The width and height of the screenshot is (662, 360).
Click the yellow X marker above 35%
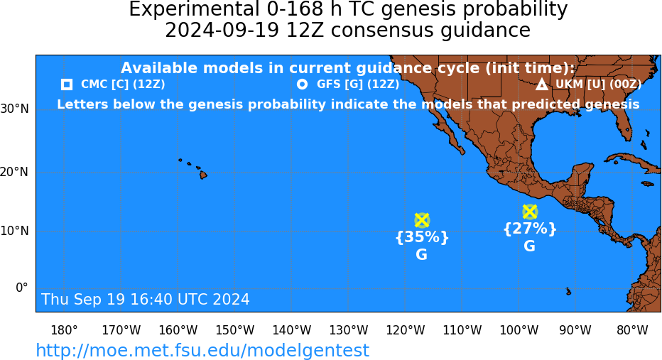(x=422, y=220)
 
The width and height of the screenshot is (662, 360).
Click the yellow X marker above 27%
(x=530, y=212)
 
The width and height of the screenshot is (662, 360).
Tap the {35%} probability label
(x=422, y=237)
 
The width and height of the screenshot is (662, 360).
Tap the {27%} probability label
(x=530, y=229)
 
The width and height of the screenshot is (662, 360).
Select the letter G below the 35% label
(x=421, y=254)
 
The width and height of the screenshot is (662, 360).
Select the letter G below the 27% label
(x=529, y=246)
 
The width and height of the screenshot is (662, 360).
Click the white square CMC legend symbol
(x=67, y=84)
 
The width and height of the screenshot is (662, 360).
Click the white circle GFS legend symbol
(x=303, y=84)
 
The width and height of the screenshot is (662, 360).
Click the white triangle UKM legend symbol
(x=542, y=84)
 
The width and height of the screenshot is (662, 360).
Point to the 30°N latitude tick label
(x=15, y=109)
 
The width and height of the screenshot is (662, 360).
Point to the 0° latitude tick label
(x=22, y=288)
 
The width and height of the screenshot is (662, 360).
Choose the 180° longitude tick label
(x=64, y=330)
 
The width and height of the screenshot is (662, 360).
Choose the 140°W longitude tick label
(x=292, y=330)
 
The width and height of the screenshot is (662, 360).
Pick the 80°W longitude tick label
(x=632, y=330)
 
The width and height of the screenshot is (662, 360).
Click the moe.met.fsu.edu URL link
(x=202, y=351)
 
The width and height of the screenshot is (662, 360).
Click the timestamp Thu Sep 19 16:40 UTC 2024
(x=146, y=299)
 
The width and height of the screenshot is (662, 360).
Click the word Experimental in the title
(x=194, y=10)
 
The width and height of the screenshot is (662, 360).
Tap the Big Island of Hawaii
(x=203, y=174)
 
